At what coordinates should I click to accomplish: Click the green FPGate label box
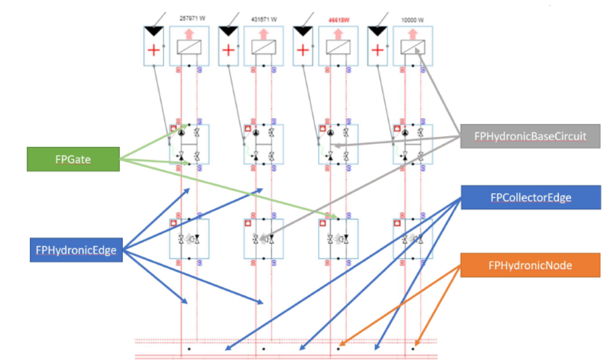(x=73, y=159)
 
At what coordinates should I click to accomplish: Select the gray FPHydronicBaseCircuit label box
(x=530, y=136)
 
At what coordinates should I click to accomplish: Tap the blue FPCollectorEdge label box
(x=531, y=197)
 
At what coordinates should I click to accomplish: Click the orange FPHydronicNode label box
(x=530, y=265)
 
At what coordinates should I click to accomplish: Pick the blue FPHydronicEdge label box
(x=76, y=250)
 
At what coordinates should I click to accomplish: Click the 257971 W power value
(x=192, y=18)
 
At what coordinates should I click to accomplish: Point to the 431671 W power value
(x=264, y=20)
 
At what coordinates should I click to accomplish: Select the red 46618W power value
(x=339, y=20)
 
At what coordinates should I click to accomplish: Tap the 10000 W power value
(x=412, y=20)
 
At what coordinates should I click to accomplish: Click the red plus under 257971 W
(x=154, y=50)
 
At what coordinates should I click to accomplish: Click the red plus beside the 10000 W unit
(x=377, y=50)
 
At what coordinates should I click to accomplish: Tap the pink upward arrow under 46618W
(x=338, y=34)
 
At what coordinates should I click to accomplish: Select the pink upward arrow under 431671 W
(x=263, y=34)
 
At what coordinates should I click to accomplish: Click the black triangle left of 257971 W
(x=154, y=31)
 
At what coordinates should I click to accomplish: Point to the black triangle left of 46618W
(x=303, y=31)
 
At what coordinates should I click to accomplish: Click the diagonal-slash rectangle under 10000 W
(x=413, y=47)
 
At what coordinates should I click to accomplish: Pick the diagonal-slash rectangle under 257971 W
(x=189, y=47)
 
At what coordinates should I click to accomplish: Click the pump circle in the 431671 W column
(x=256, y=133)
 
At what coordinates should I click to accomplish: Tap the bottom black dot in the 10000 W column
(x=413, y=349)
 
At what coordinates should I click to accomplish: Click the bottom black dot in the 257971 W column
(x=189, y=349)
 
